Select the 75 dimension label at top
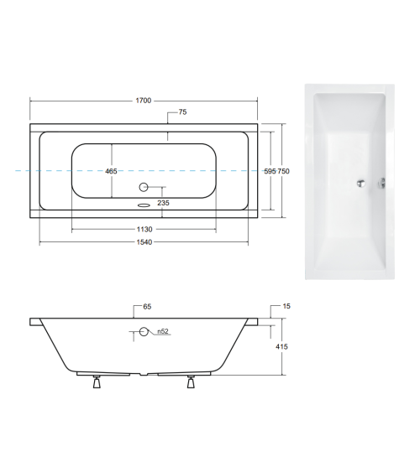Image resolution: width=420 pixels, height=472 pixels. click(182, 112)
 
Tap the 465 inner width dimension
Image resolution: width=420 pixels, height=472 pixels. click(111, 171)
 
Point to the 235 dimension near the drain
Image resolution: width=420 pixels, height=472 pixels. click(163, 202)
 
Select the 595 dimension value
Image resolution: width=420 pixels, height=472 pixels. click(270, 171)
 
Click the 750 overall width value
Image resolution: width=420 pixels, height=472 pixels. click(284, 171)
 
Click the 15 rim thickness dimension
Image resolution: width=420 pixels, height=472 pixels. click(286, 308)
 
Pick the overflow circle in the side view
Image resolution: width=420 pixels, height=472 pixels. click(143, 332)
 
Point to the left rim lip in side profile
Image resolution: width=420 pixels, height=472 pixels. click(35, 321)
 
